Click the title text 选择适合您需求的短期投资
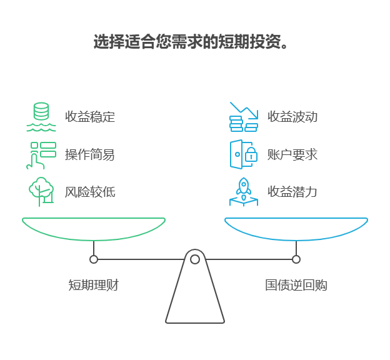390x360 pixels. coord(191,42)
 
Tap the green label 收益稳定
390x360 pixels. coord(90,117)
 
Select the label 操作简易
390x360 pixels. coord(90,154)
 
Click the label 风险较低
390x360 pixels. coord(90,192)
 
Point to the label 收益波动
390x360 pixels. coord(292,117)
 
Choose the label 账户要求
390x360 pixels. coord(292,154)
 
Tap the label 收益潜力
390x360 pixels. coord(292,192)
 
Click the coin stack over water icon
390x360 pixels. coord(41,117)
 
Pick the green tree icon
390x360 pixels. coord(41,191)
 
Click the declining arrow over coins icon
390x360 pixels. coord(244,117)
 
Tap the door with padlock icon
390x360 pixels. coord(244,154)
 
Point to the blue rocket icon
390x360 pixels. coord(244,191)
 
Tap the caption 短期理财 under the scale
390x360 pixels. coord(93,286)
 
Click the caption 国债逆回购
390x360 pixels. coord(296,286)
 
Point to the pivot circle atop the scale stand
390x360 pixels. coord(195,259)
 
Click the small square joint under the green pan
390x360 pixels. coord(94,259)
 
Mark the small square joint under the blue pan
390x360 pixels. coord(296,259)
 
